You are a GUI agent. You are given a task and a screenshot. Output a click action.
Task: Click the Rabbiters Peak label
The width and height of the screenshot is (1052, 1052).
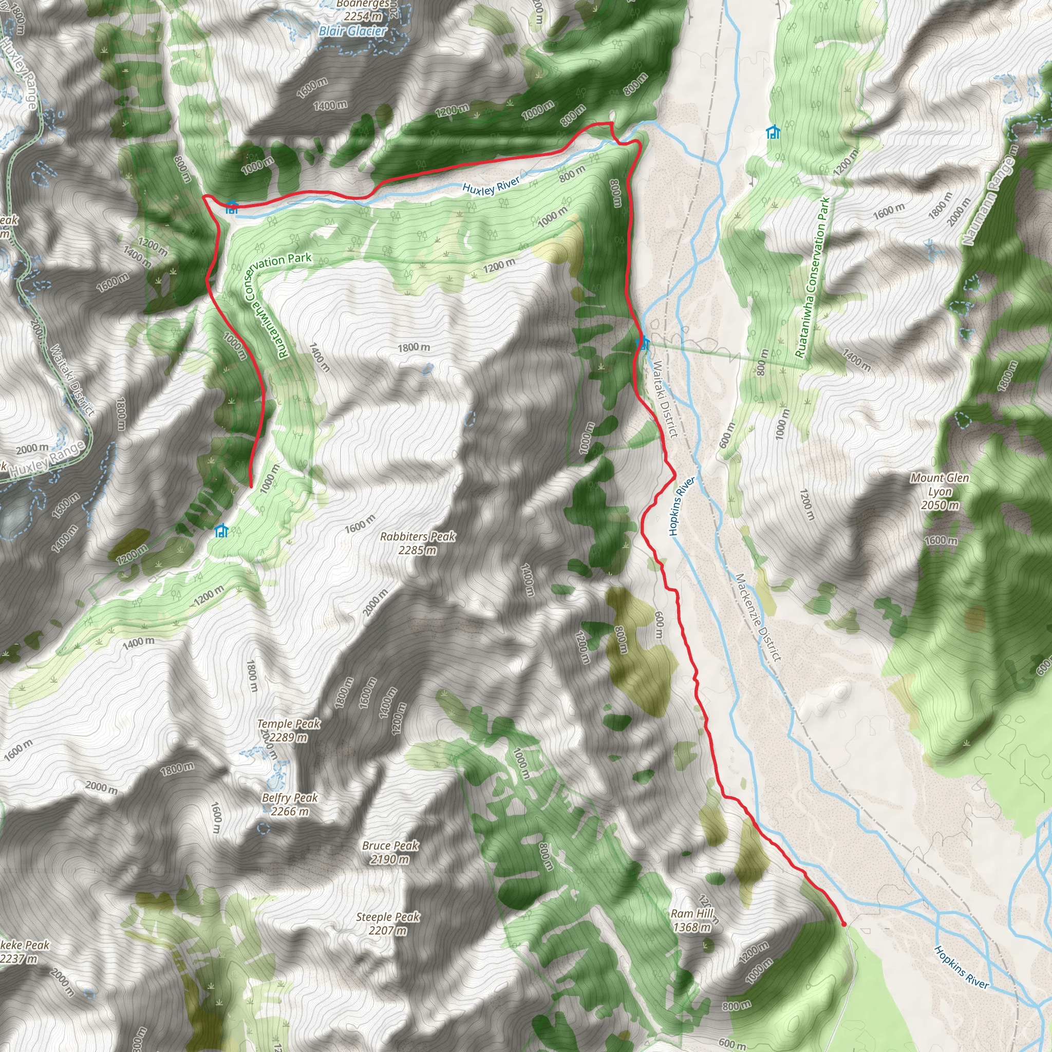[x=418, y=536]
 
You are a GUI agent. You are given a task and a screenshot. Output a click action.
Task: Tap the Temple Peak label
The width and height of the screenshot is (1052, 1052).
[x=289, y=724]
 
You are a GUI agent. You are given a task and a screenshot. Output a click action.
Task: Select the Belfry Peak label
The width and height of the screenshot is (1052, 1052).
[x=290, y=798]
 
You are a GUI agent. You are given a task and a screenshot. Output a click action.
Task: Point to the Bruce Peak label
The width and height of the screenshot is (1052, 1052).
[x=390, y=846]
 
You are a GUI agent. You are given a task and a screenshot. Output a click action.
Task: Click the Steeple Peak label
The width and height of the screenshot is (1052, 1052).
[x=388, y=917]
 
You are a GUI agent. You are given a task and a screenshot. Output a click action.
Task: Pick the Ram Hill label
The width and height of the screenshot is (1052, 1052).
[x=691, y=913]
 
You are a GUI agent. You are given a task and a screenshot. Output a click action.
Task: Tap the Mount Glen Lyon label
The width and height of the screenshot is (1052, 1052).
[x=940, y=484]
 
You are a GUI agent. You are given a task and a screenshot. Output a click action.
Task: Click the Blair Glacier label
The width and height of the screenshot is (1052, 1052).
[x=353, y=31]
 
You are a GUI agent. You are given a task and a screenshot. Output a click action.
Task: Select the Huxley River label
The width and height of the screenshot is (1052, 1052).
[x=491, y=185]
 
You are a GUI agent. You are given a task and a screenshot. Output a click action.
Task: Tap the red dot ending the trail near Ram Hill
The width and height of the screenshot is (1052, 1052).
[x=844, y=924]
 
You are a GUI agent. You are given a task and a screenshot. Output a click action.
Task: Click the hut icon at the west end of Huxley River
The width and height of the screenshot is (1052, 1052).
[x=232, y=207]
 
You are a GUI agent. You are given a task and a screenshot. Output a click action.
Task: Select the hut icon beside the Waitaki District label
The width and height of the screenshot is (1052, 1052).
[x=643, y=343]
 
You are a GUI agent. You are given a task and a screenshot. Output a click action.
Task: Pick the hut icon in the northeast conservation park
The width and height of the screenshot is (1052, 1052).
[x=773, y=132]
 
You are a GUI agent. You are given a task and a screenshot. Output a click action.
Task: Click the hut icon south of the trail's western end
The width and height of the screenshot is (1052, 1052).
[x=221, y=530]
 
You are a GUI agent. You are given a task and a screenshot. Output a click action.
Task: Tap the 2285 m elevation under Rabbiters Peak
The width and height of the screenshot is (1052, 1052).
[x=417, y=551]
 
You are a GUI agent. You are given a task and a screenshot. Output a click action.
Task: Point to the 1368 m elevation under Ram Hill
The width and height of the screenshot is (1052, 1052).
[x=691, y=927]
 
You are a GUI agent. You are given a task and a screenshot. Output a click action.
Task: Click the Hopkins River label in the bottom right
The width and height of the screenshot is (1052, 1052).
[x=961, y=967]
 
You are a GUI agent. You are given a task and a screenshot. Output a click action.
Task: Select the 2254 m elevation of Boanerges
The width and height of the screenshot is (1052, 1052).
[x=363, y=16]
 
